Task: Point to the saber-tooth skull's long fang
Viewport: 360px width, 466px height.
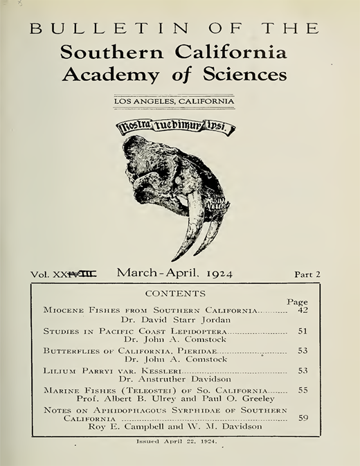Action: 186,228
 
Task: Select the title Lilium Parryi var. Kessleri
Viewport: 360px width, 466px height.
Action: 100,371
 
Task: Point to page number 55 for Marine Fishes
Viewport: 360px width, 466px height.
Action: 302,391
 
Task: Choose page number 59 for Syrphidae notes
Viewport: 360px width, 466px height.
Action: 302,418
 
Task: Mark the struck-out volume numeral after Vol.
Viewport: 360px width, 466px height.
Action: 80,274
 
